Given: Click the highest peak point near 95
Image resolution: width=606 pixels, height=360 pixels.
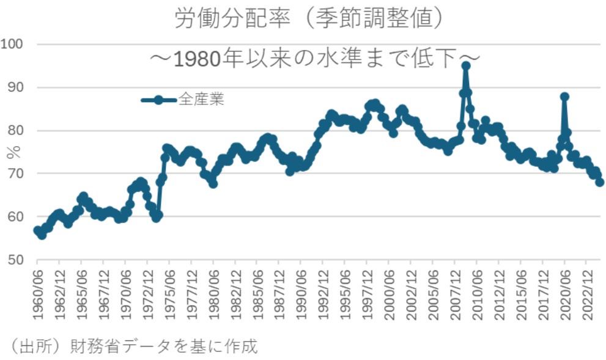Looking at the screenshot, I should pos(465,65).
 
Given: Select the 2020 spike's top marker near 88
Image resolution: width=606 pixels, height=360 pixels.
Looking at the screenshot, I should pos(564,97).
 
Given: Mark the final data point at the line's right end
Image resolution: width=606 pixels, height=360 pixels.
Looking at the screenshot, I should pos(600,182).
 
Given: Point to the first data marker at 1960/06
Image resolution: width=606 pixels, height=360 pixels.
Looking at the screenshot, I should pos(38,230).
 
